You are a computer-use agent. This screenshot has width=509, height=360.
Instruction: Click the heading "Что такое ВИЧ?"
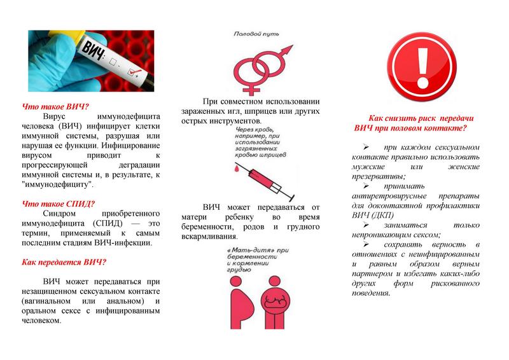point(55,106)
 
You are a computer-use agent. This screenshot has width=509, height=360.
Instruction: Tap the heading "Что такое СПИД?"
point(59,204)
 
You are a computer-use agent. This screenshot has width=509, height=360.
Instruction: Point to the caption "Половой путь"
point(256,33)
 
